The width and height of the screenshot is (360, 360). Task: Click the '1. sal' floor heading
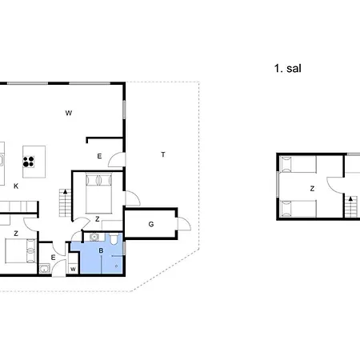(x=288, y=69)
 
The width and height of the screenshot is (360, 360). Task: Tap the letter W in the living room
(x=69, y=113)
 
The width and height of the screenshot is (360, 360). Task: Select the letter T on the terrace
(x=163, y=154)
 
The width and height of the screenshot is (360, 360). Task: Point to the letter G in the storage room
(x=151, y=224)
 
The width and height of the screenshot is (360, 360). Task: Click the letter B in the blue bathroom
(x=101, y=250)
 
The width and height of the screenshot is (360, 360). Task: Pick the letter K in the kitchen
(x=16, y=186)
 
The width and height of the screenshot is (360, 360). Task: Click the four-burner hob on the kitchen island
(x=29, y=162)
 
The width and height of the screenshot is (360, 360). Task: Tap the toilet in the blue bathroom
(x=114, y=238)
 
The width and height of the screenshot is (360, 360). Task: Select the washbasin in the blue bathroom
(x=94, y=237)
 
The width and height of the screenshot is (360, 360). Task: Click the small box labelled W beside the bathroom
(x=73, y=270)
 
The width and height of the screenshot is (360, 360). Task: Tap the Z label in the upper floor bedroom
(x=312, y=189)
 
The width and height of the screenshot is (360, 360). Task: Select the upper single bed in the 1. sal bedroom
(x=298, y=164)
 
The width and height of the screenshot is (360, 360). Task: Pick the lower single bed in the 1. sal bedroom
(x=298, y=208)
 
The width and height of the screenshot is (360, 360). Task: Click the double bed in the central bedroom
(x=98, y=194)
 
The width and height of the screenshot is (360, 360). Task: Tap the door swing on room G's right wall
(x=185, y=224)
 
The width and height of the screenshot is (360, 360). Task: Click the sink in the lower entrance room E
(x=44, y=269)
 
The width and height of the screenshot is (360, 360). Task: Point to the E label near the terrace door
(x=99, y=156)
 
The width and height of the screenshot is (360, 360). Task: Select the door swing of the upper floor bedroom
(x=335, y=185)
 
